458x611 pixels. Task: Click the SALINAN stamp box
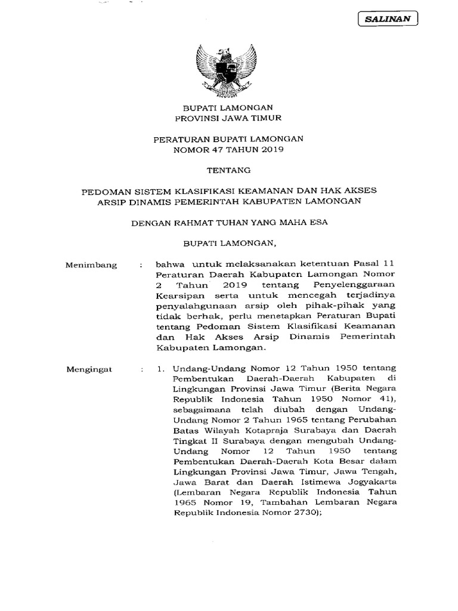tap(389, 19)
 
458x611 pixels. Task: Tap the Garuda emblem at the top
tap(228, 67)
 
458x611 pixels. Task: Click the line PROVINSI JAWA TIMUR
tap(228, 118)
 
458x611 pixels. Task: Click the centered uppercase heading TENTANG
tap(228, 170)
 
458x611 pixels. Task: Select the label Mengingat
tap(91, 370)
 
